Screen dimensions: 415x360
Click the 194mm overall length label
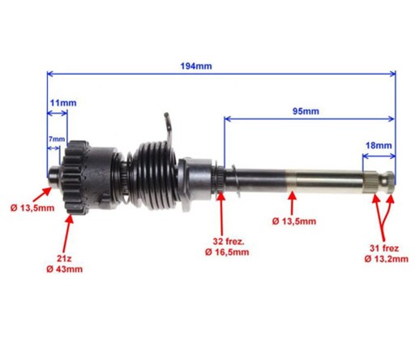196,66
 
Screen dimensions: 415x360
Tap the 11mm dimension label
63,103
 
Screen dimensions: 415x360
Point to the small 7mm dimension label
57,139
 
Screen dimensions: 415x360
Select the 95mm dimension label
306,111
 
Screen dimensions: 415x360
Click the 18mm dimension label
379,146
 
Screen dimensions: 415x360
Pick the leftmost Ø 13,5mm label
32,208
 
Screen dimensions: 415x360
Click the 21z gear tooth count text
64,259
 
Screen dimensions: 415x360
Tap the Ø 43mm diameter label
64,269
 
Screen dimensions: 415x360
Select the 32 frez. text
229,242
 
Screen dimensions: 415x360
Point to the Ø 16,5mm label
227,252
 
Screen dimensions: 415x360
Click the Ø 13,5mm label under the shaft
294,221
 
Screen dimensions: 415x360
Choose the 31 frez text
384,248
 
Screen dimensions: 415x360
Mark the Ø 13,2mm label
386,259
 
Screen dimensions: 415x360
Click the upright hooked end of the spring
169,127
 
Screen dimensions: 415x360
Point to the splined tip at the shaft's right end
379,182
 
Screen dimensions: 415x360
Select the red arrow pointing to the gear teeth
66,234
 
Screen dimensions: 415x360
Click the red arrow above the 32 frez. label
221,214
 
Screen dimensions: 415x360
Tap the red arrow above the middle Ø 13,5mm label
292,203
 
